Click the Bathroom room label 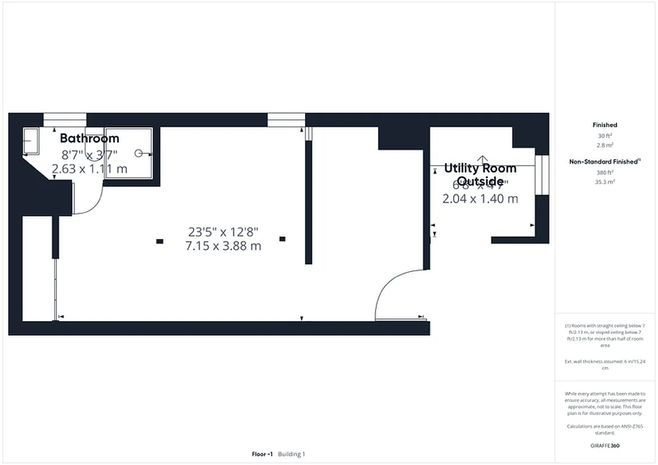90,138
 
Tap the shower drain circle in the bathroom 139,153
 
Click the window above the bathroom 65,120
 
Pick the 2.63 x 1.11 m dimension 90,169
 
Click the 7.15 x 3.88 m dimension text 223,246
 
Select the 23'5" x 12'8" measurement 223,232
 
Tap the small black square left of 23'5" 159,241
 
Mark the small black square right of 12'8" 283,238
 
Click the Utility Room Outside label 480,174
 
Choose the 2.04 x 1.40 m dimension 480,199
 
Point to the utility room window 542,175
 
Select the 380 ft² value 604,172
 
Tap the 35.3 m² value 604,181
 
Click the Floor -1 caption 262,454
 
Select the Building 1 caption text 291,454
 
